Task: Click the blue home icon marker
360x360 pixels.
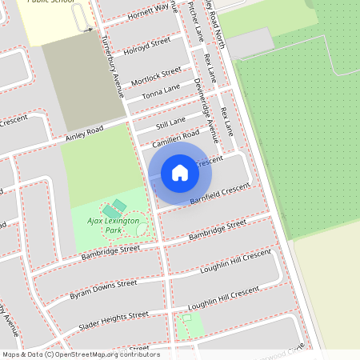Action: point(180,172)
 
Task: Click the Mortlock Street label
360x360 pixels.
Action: point(156,76)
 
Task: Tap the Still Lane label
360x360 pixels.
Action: point(170,121)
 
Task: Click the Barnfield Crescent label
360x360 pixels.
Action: point(220,193)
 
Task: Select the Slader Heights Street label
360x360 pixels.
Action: point(113,320)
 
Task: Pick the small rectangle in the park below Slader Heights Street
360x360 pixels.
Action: point(188,318)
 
